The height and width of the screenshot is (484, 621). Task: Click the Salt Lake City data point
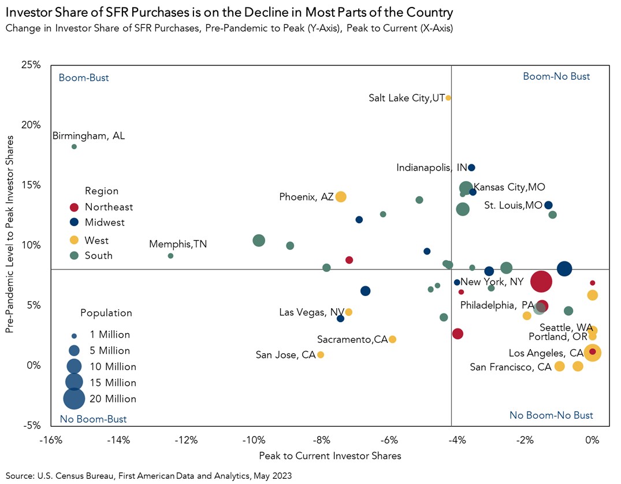pyautogui.click(x=448, y=98)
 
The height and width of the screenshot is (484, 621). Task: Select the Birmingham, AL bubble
pyautogui.click(x=74, y=147)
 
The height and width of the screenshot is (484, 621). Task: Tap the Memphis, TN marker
pyautogui.click(x=170, y=256)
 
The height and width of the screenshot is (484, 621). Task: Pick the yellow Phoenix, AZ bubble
pyautogui.click(x=341, y=197)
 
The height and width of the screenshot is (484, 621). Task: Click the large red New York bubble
pyautogui.click(x=541, y=282)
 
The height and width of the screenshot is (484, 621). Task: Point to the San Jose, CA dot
pyautogui.click(x=321, y=354)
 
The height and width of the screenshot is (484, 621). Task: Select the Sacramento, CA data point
pyautogui.click(x=392, y=339)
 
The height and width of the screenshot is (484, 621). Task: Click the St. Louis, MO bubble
pyautogui.click(x=548, y=205)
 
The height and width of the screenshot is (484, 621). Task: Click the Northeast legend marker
pyautogui.click(x=74, y=207)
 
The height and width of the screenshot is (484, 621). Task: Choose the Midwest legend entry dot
pyautogui.click(x=74, y=222)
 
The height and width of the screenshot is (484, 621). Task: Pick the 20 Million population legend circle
pyautogui.click(x=74, y=398)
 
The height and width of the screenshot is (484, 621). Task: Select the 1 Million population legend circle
pyautogui.click(x=74, y=335)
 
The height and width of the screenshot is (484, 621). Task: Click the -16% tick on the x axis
pyautogui.click(x=51, y=441)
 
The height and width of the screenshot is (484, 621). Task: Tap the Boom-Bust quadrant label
pyautogui.click(x=84, y=77)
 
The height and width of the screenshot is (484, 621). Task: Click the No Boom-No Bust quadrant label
pyautogui.click(x=551, y=415)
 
